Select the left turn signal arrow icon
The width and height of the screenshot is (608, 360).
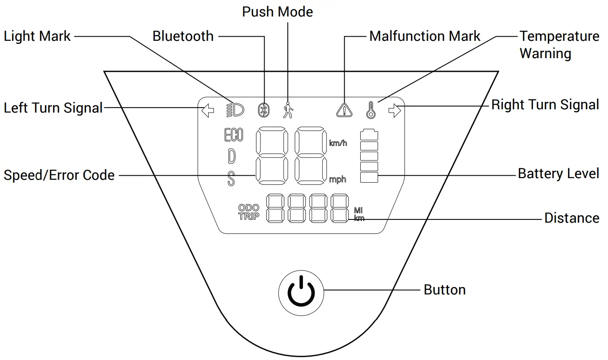208,111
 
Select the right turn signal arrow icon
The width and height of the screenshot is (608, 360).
394,111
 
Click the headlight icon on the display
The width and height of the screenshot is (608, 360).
235,110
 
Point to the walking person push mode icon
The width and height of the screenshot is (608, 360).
288,110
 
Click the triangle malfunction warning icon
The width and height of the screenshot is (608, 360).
344,110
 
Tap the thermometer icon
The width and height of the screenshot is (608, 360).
371,110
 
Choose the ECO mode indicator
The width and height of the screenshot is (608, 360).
234,135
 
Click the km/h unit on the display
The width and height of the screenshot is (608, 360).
338,143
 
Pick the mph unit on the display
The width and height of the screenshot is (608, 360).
337,179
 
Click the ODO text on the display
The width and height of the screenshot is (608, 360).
249,208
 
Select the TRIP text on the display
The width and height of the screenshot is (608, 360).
249,216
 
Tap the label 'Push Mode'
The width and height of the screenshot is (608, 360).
277,12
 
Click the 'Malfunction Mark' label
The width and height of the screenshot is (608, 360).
425,36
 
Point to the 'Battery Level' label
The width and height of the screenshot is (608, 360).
558,174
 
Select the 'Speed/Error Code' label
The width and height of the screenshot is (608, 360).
59,175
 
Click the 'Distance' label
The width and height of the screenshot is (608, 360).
572,218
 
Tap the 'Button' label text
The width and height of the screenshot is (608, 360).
444,290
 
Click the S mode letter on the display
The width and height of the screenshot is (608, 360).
231,179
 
